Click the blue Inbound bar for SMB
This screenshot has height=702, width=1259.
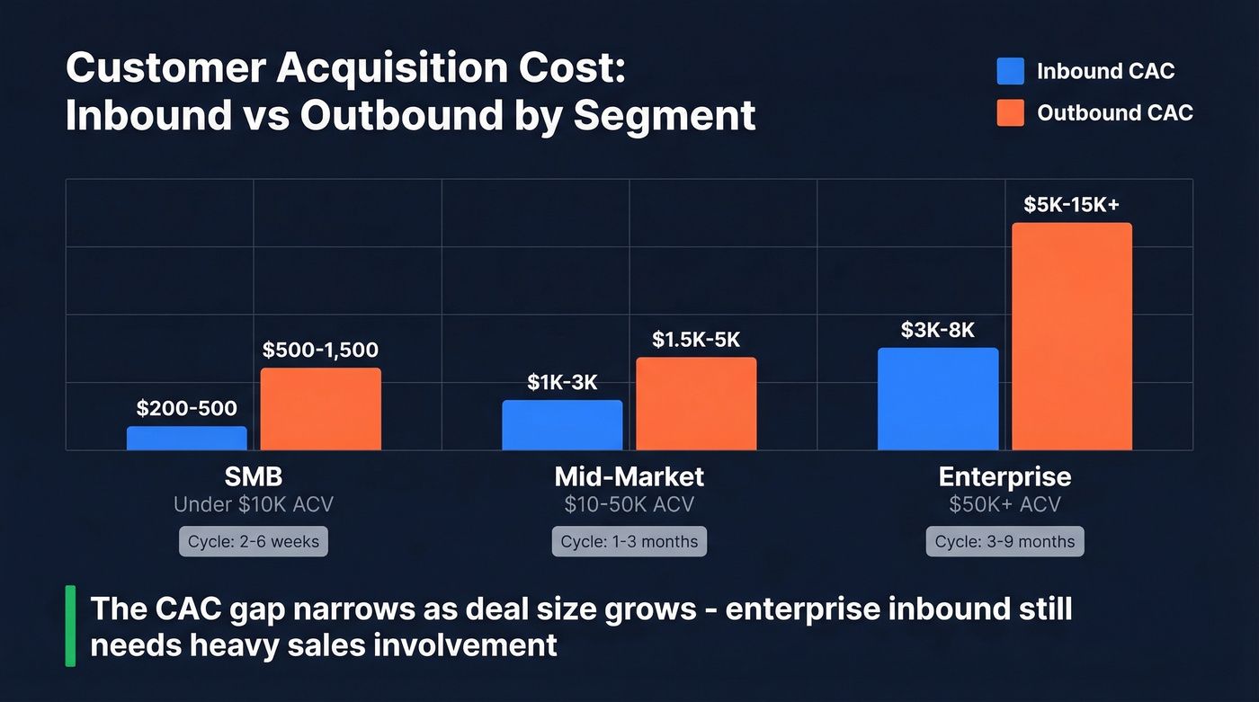click(x=186, y=438)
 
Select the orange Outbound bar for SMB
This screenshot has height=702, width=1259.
click(x=321, y=409)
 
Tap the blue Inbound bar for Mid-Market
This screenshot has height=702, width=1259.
click(x=562, y=425)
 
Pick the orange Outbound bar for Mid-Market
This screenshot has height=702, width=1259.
click(x=696, y=404)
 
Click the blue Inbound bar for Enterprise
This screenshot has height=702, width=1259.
click(x=938, y=399)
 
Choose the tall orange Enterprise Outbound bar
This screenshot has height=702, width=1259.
click(x=1072, y=336)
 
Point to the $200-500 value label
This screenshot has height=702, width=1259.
click(x=186, y=409)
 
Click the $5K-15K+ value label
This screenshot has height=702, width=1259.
click(x=1071, y=205)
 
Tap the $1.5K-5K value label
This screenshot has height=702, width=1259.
click(x=696, y=340)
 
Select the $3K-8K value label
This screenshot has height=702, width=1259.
click(x=937, y=330)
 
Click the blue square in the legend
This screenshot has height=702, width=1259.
click(x=1011, y=72)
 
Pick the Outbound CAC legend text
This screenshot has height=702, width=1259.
click(x=1114, y=113)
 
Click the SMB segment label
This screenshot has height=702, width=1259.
click(x=254, y=476)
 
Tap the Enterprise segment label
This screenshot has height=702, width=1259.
click(x=1005, y=476)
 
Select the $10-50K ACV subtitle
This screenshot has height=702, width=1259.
click(x=629, y=505)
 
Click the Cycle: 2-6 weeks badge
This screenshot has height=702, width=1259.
click(x=254, y=542)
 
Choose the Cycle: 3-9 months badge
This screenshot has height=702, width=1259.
click(x=1005, y=542)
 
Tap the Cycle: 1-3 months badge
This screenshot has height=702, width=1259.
click(x=629, y=542)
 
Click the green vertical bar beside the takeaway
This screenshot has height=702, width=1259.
click(x=70, y=626)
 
